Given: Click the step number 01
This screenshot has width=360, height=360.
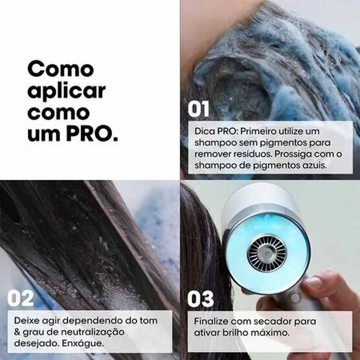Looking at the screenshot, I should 199,109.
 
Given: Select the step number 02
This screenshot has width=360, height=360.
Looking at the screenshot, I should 22,299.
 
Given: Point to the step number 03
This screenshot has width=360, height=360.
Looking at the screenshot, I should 201,299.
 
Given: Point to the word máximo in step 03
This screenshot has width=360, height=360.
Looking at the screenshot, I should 270,332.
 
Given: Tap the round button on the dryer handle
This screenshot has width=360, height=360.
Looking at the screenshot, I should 295,298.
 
